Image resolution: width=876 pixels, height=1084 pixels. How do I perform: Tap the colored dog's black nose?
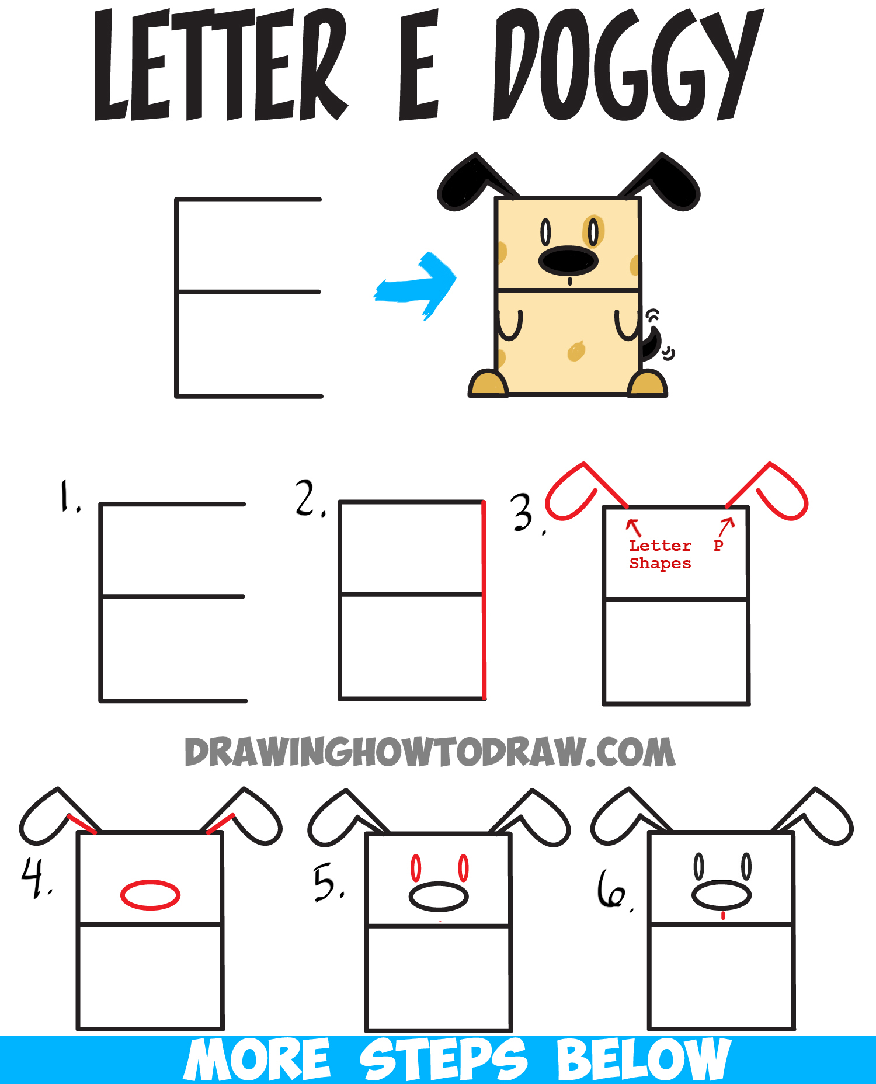pyautogui.click(x=568, y=260)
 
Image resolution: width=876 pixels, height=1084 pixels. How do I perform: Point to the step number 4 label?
pyautogui.click(x=36, y=877)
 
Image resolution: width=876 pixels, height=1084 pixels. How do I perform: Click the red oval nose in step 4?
pyautogui.click(x=150, y=895)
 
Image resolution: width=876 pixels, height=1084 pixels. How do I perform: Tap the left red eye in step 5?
pyautogui.click(x=416, y=868)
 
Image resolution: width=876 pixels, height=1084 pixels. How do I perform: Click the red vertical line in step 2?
pyautogui.click(x=484, y=599)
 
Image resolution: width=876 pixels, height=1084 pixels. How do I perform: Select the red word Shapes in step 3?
pyautogui.click(x=660, y=564)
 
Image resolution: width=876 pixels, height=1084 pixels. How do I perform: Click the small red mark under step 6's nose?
pyautogui.click(x=723, y=916)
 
